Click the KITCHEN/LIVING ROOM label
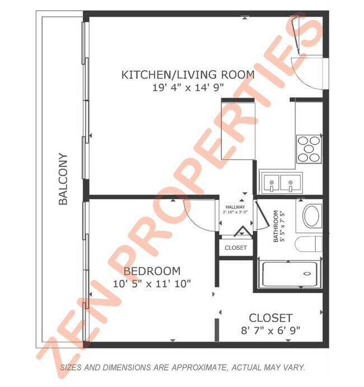point(188,74)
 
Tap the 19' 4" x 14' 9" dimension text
point(188,87)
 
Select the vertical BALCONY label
point(63,179)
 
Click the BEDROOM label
point(152,271)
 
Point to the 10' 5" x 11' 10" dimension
point(152,283)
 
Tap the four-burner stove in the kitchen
point(309,149)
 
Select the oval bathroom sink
point(312,216)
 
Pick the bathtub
point(290,273)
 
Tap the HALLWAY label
point(235,207)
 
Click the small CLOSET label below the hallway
point(235,248)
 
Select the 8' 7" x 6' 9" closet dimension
point(270,330)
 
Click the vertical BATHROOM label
point(276,226)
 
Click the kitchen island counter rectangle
point(239,129)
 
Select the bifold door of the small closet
point(242,231)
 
